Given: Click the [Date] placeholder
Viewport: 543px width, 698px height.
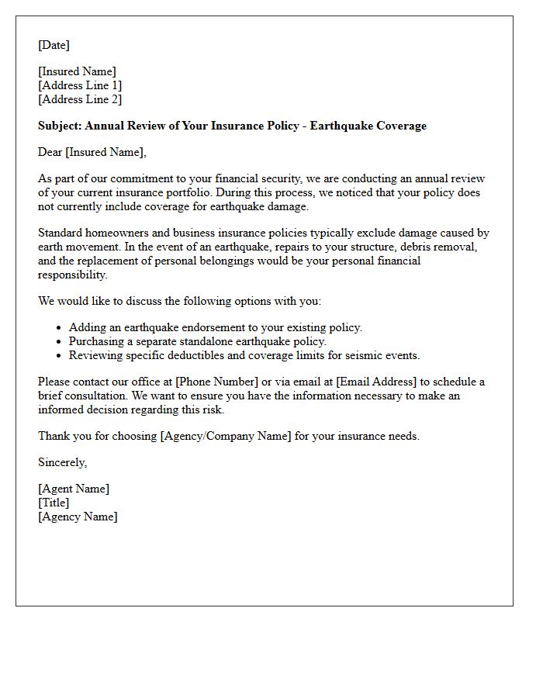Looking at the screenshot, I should click(54, 46).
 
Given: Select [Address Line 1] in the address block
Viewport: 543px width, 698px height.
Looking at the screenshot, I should click(80, 85).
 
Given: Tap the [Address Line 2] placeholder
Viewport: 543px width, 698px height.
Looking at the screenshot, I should click(80, 99).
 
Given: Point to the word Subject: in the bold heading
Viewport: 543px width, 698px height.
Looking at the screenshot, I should click(60, 126).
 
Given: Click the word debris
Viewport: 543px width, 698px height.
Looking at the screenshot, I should click(411, 247).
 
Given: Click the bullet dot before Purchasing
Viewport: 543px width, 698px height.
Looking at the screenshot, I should click(60, 342).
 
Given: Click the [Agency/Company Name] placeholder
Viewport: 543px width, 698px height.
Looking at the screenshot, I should click(226, 436).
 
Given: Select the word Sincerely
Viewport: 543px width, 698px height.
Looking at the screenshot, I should click(63, 462).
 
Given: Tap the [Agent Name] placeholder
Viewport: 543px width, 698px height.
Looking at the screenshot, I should click(74, 489).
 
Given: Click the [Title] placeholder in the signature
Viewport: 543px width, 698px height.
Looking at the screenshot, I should click(54, 503).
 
